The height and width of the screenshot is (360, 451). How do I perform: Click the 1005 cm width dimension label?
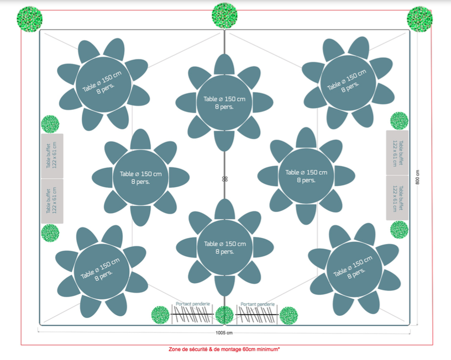[224, 333]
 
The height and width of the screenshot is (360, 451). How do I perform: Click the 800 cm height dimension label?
[418, 177]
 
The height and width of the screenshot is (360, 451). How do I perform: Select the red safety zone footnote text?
[224, 349]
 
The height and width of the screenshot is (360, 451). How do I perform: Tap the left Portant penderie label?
[191, 304]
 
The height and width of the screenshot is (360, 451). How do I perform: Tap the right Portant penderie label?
[258, 304]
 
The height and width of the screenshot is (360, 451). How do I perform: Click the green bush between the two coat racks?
[224, 315]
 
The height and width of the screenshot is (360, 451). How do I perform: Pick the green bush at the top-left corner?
[30, 18]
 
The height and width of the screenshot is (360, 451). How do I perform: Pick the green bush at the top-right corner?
[419, 19]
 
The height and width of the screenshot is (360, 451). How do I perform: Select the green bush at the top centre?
[224, 15]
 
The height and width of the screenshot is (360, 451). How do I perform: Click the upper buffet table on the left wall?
[52, 156]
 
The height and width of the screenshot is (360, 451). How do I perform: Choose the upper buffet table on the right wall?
[397, 152]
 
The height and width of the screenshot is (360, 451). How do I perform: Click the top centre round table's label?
[224, 103]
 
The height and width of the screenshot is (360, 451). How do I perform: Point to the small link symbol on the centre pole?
[224, 179]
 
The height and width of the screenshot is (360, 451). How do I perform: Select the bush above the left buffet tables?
[50, 124]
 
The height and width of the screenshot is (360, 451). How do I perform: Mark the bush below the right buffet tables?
[399, 230]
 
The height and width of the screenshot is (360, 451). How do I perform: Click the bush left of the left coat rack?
[160, 315]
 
